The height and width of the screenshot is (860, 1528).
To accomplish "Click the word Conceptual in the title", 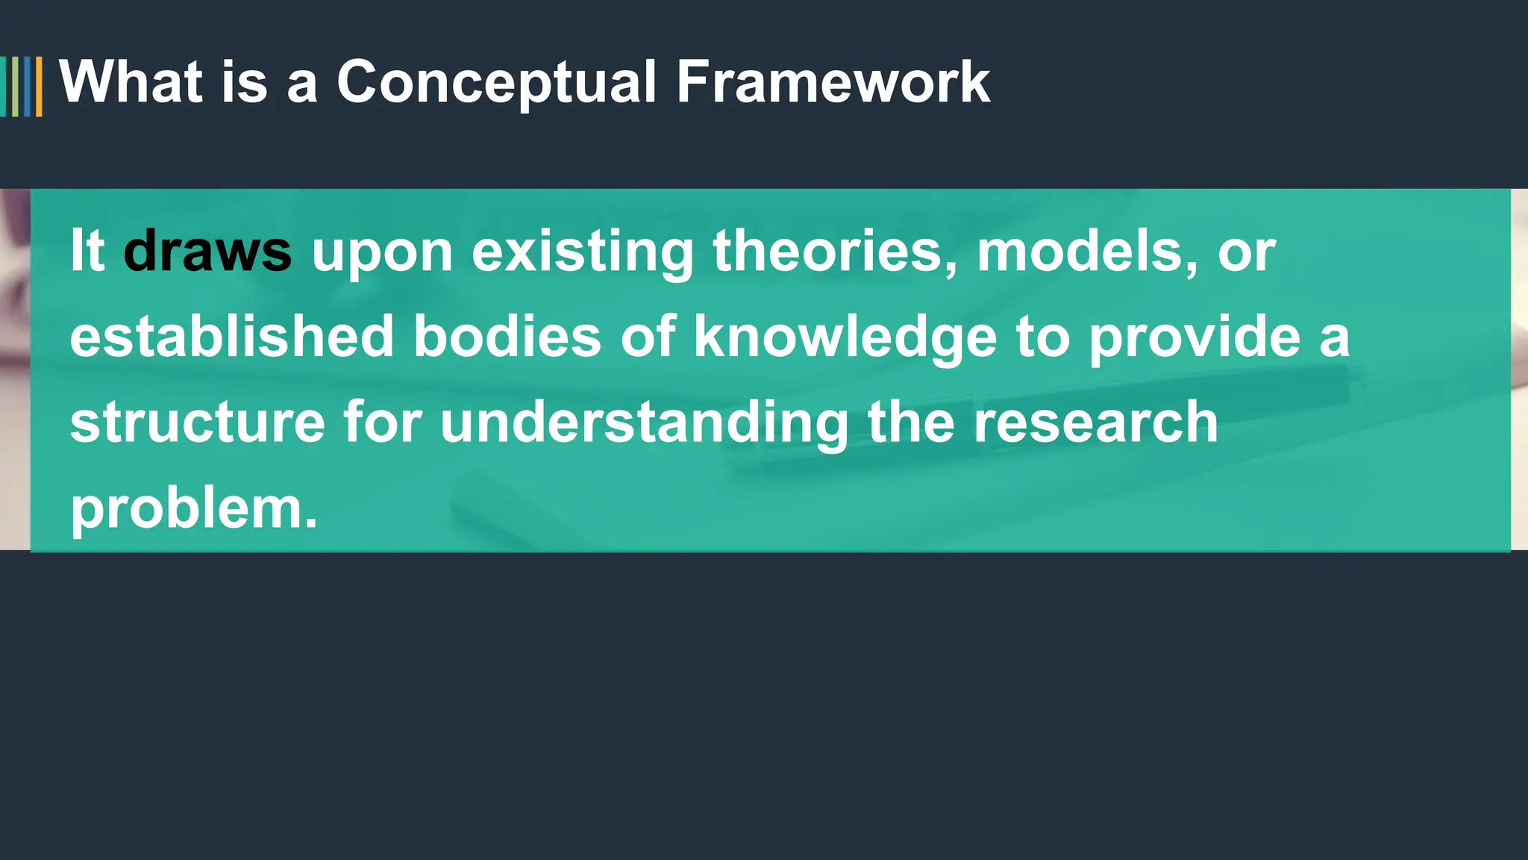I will click(496, 82).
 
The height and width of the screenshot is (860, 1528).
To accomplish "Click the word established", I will click(231, 336).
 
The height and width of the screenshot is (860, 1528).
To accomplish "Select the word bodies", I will click(507, 336).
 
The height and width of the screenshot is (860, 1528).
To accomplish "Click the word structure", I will click(198, 422).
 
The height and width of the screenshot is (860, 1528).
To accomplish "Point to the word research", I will click(1096, 422).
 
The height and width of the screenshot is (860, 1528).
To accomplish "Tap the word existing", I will click(583, 252).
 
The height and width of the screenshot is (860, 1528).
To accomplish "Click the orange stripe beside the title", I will click(39, 87).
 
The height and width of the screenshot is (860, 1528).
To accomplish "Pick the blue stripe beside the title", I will click(28, 87).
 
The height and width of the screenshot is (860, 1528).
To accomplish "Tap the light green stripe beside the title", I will click(16, 87).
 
